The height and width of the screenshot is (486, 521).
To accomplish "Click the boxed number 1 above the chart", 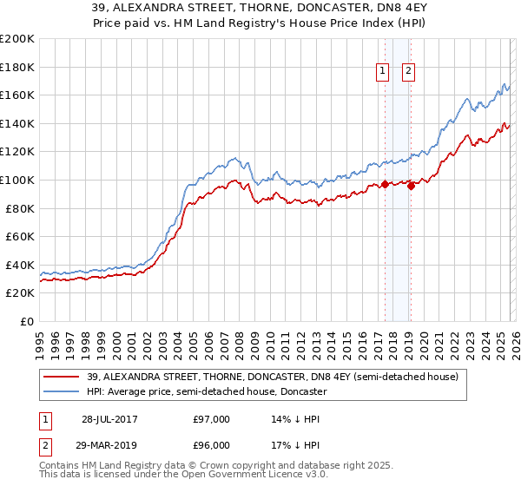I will pyautogui.click(x=383, y=72).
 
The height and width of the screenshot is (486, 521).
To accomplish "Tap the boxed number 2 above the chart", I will pyautogui.click(x=408, y=72).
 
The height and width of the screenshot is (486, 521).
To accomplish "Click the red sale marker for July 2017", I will pyautogui.click(x=385, y=184).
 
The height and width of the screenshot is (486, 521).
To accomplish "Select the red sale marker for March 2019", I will pyautogui.click(x=411, y=186).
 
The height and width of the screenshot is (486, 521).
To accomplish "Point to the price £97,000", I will pyautogui.click(x=212, y=419).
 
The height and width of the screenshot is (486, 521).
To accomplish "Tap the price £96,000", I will pyautogui.click(x=212, y=445).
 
